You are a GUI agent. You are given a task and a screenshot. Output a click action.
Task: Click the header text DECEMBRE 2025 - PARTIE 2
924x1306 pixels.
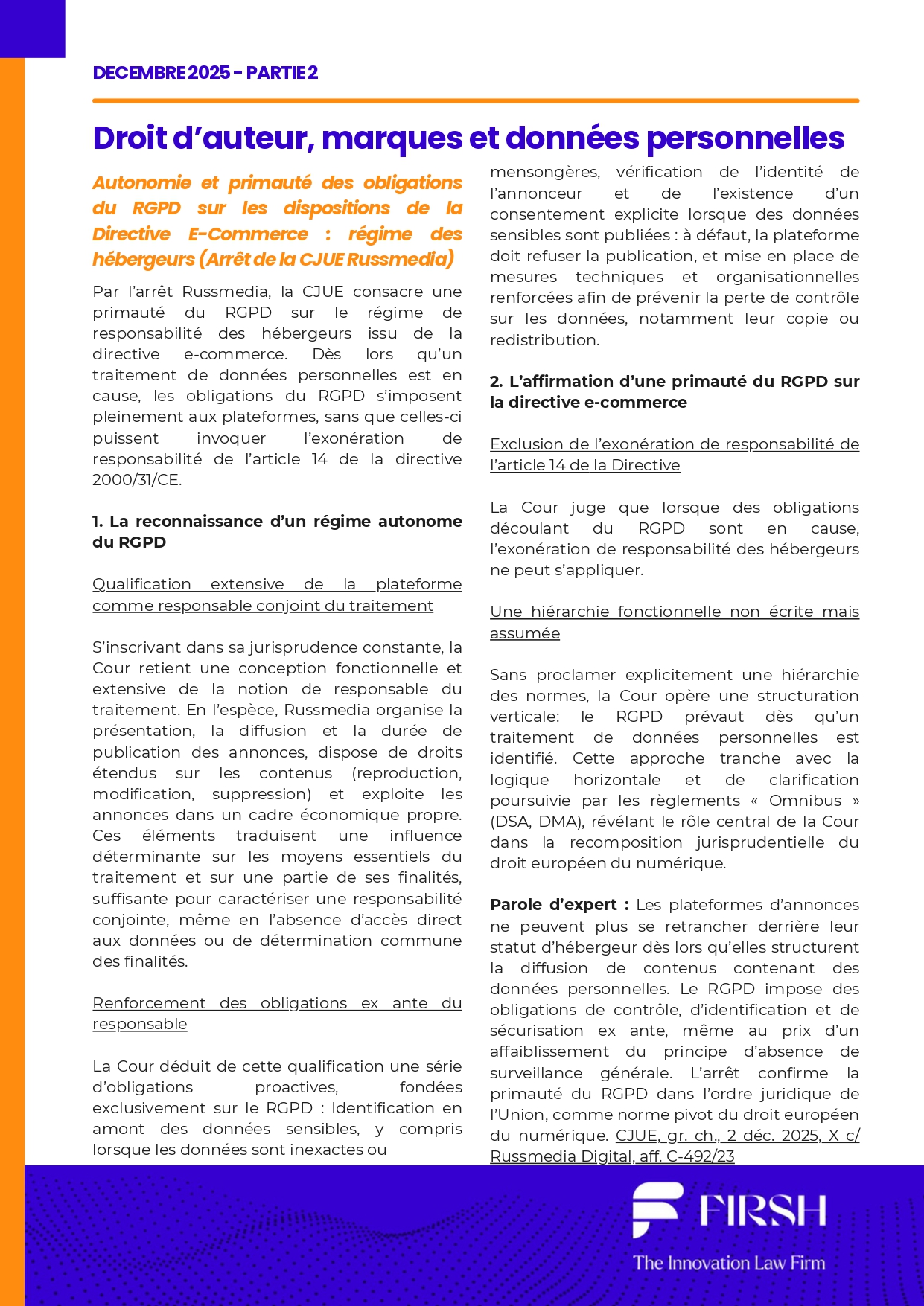205,73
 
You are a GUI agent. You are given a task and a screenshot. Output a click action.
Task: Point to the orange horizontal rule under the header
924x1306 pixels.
475,100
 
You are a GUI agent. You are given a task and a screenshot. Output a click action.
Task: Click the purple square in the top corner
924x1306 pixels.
32,28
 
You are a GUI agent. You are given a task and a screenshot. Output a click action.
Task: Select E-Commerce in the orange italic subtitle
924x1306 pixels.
247,234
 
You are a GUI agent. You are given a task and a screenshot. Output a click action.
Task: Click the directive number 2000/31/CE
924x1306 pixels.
136,480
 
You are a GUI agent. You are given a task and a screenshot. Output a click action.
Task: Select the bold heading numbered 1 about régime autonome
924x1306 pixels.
276,531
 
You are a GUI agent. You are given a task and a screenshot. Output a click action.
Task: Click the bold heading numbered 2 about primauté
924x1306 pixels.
674,391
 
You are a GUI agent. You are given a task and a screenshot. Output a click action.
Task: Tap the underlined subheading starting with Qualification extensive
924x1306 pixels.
276,595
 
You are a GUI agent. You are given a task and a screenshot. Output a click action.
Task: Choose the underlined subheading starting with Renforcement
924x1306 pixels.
276,1013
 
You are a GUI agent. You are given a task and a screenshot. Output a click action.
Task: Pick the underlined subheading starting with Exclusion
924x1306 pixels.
674,454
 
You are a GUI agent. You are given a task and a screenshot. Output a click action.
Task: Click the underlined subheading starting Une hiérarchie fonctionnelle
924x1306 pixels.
674,621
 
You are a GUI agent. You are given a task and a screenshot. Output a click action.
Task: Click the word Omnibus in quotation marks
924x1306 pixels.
805,801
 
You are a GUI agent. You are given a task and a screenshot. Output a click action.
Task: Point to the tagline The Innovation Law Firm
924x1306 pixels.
729,1263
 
